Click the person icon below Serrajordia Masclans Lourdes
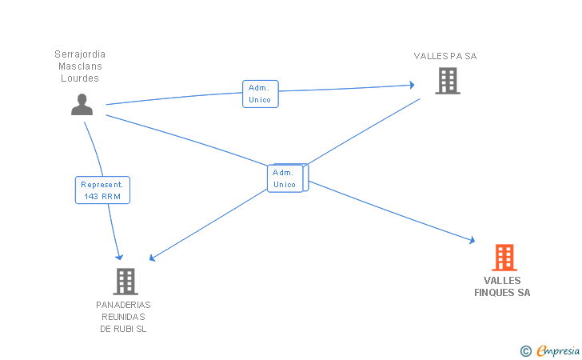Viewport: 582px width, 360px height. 82,104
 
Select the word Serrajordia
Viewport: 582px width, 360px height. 80,54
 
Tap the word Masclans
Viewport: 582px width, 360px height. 80,66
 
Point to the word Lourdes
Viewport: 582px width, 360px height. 80,78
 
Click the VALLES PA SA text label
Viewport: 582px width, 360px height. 445,56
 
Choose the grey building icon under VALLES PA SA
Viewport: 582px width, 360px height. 448,81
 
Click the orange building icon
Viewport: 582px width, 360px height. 504,258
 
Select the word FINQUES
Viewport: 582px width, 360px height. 495,292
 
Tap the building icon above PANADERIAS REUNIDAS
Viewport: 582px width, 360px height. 126,282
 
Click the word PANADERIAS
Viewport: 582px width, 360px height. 123,305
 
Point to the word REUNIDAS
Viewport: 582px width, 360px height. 123,317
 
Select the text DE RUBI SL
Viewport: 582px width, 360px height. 123,329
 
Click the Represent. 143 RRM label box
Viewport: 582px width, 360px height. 102,190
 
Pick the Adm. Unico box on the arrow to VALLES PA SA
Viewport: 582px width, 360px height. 260,94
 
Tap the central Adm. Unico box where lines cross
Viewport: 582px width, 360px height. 285,178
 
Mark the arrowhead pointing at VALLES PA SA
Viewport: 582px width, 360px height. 412,85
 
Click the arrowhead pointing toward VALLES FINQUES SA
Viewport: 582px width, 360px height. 472,240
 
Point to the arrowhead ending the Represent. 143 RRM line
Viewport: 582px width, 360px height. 119,257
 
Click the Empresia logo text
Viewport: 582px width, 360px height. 558,350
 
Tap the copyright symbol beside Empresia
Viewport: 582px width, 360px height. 526,351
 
